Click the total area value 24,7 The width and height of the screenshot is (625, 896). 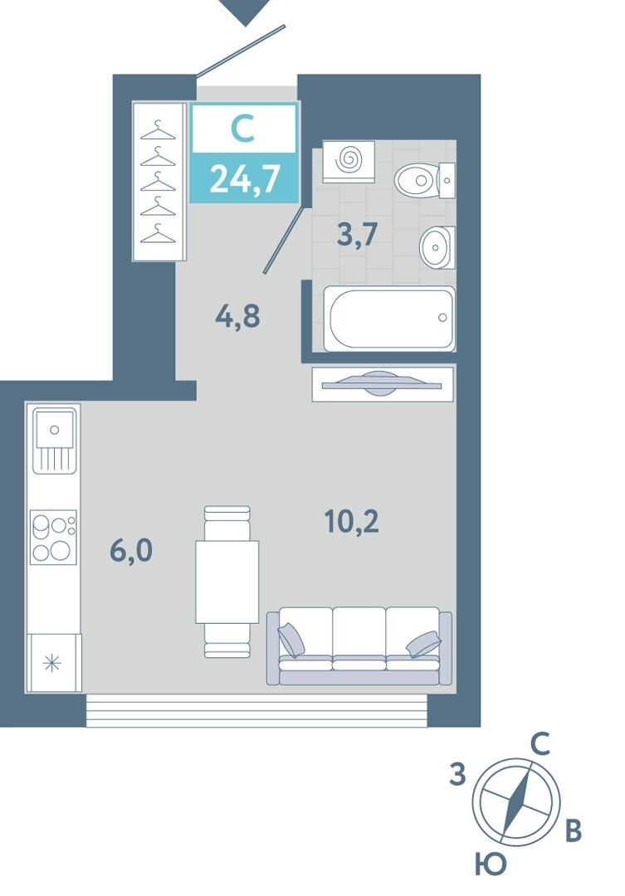point(245,178)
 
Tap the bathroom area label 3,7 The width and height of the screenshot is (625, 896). point(358,234)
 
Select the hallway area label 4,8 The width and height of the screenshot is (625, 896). point(237,315)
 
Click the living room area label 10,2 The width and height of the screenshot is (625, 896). point(352,521)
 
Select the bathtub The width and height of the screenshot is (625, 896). point(388,319)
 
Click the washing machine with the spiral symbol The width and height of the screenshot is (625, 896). point(349,162)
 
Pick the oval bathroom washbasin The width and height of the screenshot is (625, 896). point(437,247)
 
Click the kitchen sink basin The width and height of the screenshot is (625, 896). point(54,429)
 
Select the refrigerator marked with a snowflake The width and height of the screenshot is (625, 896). point(53,663)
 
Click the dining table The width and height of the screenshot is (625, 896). point(227,582)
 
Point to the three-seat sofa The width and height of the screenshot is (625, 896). point(359,645)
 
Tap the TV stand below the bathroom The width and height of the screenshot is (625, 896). point(383,384)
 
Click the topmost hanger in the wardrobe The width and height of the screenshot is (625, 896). point(158,131)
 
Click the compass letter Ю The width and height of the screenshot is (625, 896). point(491,864)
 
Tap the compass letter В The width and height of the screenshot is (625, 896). point(573,830)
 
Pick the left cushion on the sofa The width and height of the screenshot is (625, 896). point(291,640)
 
